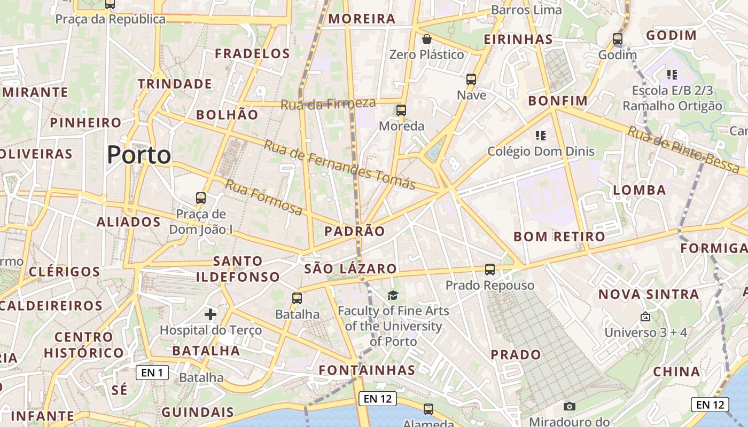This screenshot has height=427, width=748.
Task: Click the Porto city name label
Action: pyautogui.click(x=139, y=155)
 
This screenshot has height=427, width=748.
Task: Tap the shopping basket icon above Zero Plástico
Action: pyautogui.click(x=426, y=39)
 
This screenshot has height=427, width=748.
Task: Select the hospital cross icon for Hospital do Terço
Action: pyautogui.click(x=211, y=314)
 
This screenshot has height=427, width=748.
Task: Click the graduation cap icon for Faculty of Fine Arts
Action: pyautogui.click(x=393, y=295)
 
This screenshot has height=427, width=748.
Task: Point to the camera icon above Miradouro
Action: pyautogui.click(x=570, y=406)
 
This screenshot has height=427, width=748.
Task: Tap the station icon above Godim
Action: pyautogui.click(x=618, y=39)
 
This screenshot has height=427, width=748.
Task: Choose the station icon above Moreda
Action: pyautogui.click(x=401, y=110)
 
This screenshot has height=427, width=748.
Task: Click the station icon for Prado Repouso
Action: pyautogui.click(x=490, y=270)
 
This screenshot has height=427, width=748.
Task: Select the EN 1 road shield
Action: pyautogui.click(x=152, y=373)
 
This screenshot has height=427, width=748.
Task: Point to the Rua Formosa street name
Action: pyautogui.click(x=263, y=197)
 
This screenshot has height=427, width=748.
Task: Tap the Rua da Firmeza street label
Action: pyautogui.click(x=328, y=104)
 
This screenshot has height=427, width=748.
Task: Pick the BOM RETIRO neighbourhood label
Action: pyautogui.click(x=559, y=236)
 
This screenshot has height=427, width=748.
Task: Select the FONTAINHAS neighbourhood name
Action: pyautogui.click(x=367, y=370)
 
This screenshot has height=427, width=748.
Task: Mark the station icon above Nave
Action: pyautogui.click(x=471, y=80)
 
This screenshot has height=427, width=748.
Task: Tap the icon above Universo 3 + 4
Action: pyautogui.click(x=645, y=317)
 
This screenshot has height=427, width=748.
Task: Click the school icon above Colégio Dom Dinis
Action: pyautogui.click(x=540, y=136)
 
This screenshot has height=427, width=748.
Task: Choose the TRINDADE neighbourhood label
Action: pyautogui.click(x=175, y=84)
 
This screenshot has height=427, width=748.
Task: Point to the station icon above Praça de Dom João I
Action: pyautogui.click(x=201, y=198)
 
